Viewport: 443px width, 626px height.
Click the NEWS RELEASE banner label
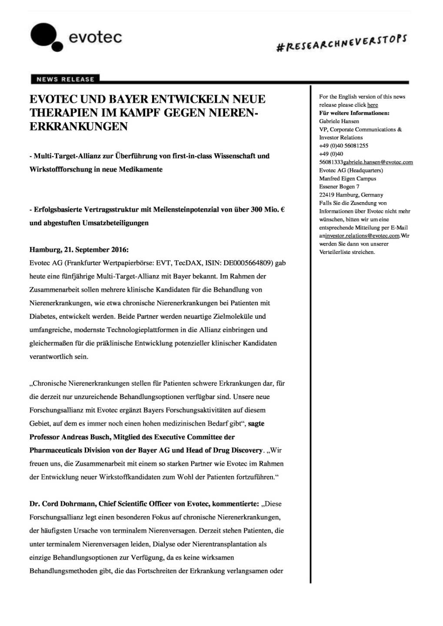tap(65, 79)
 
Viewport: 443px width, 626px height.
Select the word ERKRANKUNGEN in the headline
tap(79, 127)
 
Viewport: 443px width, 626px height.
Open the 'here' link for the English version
tap(373, 105)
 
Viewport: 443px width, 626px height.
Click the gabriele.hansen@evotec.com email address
tap(378, 162)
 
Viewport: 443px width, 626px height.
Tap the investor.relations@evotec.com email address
tap(362, 236)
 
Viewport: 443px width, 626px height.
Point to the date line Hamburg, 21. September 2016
tap(79, 250)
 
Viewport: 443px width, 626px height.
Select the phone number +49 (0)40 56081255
tap(343, 146)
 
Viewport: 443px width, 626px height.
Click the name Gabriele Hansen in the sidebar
tap(339, 121)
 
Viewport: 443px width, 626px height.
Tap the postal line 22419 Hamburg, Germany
tap(351, 195)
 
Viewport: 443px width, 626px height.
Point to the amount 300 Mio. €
tap(268, 210)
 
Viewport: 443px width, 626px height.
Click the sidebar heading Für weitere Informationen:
tap(354, 113)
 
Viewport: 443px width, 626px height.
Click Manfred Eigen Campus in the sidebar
tap(348, 179)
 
